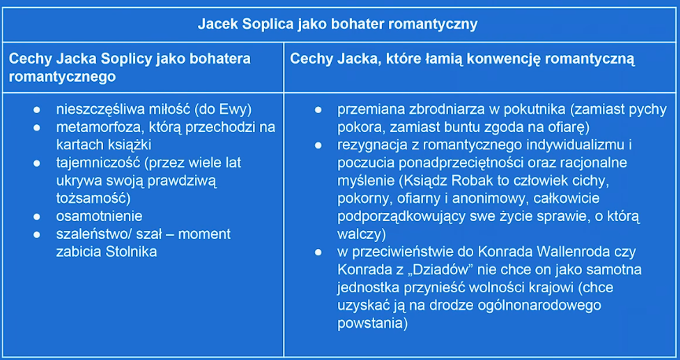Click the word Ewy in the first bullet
click(x=236, y=110)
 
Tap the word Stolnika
click(x=131, y=252)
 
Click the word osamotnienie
click(x=99, y=216)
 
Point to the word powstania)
click(x=373, y=323)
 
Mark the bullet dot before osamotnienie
click(x=37, y=216)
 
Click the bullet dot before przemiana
click(x=318, y=110)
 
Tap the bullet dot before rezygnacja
click(x=318, y=145)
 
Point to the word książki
click(x=129, y=145)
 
